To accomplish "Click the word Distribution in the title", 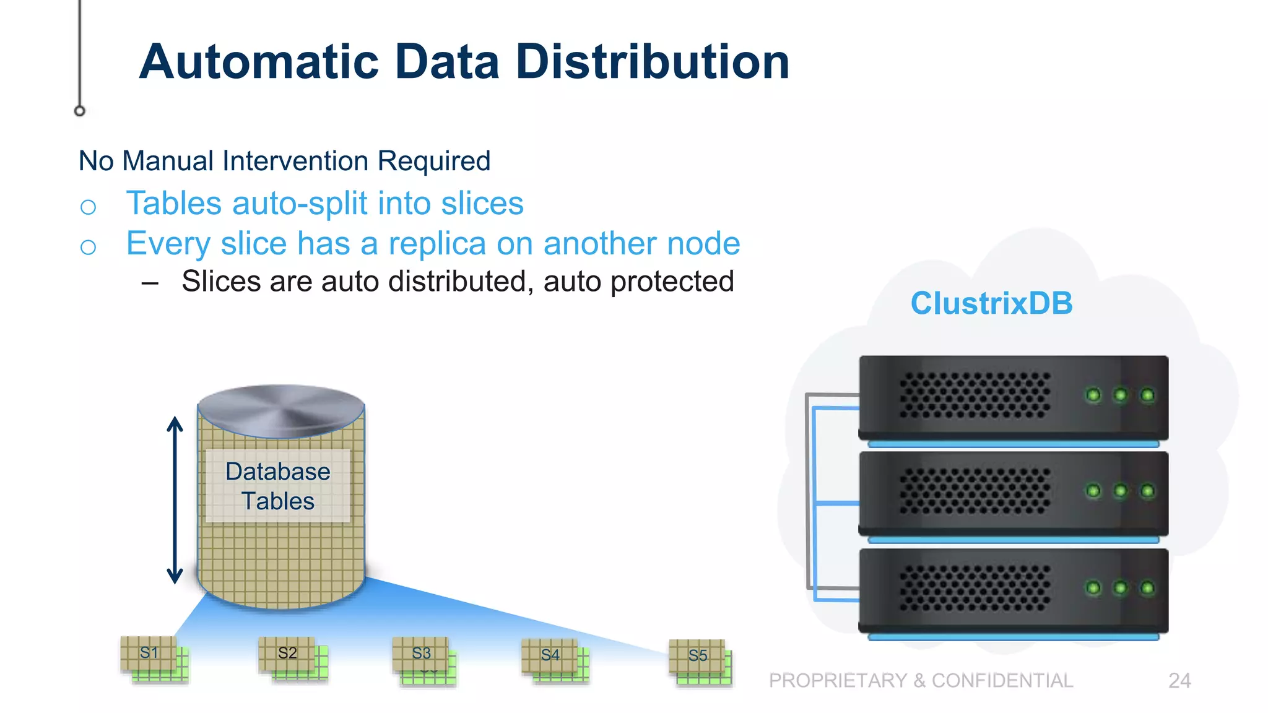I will [x=653, y=62].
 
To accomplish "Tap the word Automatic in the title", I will [x=259, y=62].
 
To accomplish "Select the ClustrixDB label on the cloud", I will [x=991, y=303].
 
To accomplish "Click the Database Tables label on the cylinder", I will [x=278, y=486].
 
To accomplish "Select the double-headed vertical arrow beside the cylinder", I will [x=175, y=500].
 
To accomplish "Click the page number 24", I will [x=1179, y=681].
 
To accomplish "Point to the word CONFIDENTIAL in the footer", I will [x=1002, y=681].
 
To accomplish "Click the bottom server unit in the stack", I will [x=1013, y=590].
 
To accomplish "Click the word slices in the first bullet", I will [x=482, y=204].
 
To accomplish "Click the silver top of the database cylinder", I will [x=281, y=410].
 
